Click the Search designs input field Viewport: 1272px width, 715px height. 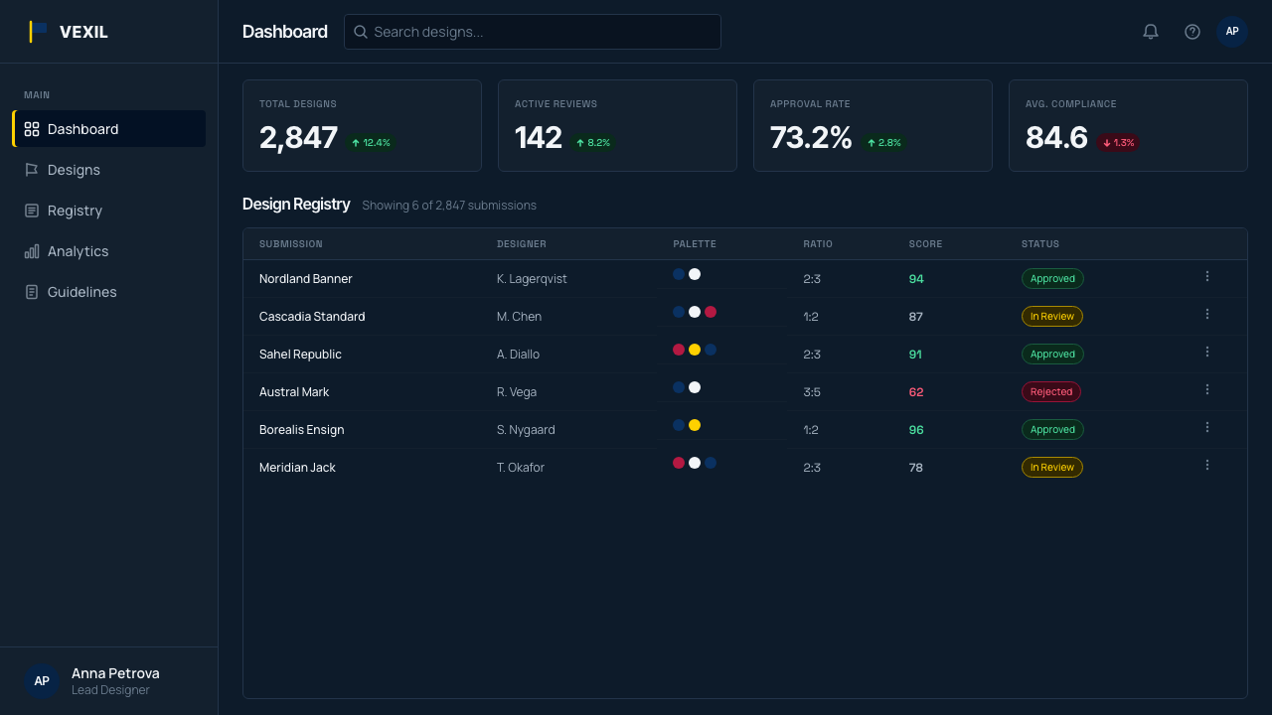click(x=532, y=32)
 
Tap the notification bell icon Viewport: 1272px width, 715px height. click(x=1151, y=32)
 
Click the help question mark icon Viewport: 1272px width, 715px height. click(x=1192, y=32)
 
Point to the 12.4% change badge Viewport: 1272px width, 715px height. click(x=371, y=142)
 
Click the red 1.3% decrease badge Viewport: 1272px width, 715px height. click(x=1118, y=142)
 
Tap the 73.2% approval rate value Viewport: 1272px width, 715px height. click(x=810, y=138)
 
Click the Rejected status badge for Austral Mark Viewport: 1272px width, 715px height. click(x=1051, y=391)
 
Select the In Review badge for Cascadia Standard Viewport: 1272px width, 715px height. click(x=1052, y=316)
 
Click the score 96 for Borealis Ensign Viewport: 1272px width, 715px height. click(x=916, y=430)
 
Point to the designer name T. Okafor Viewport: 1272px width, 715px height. click(x=520, y=467)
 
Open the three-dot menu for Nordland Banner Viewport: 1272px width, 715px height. click(x=1207, y=276)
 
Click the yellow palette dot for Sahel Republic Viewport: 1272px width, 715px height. click(x=695, y=350)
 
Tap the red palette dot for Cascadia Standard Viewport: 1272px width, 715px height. click(x=711, y=312)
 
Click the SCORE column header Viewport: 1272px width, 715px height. click(x=925, y=244)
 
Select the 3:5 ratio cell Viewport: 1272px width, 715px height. click(x=812, y=391)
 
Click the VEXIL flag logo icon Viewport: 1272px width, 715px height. click(x=38, y=32)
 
